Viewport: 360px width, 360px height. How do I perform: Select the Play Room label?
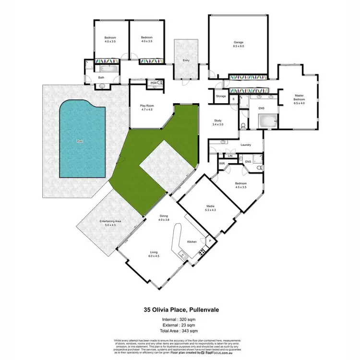tap(146, 107)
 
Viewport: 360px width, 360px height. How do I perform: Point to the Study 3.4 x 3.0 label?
tap(218, 122)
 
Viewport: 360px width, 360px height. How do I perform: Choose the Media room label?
tap(211, 207)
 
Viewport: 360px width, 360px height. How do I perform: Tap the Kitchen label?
tap(192, 241)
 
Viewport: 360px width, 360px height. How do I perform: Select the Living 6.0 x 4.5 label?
tap(154, 254)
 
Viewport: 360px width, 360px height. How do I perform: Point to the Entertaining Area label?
tap(110, 223)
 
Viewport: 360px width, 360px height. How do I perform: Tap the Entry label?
tap(186, 60)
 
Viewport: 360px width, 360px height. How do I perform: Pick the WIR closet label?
tap(222, 164)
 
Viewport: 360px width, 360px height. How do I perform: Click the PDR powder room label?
tap(154, 83)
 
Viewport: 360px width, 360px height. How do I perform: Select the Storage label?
tap(221, 96)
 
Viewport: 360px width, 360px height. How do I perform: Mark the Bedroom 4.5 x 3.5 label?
tap(241, 185)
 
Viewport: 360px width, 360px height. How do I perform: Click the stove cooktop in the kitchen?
tap(202, 251)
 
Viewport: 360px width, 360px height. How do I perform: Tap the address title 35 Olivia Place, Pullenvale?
tap(180, 310)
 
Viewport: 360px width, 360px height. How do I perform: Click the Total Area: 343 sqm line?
tap(180, 331)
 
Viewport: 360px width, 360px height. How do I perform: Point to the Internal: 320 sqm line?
tap(180, 320)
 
